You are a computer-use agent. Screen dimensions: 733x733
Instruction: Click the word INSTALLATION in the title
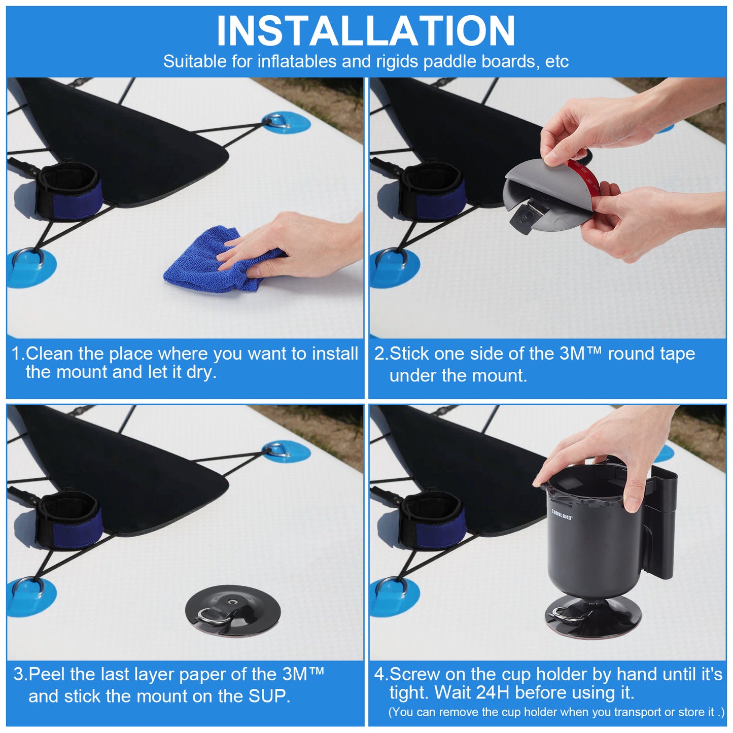[x=366, y=31]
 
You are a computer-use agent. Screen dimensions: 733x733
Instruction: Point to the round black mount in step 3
[x=233, y=611]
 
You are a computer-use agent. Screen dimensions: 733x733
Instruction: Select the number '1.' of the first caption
[x=18, y=354]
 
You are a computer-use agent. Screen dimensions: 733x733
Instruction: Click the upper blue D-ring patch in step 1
[x=286, y=122]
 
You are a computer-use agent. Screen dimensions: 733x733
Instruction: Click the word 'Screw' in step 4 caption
[x=414, y=675]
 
